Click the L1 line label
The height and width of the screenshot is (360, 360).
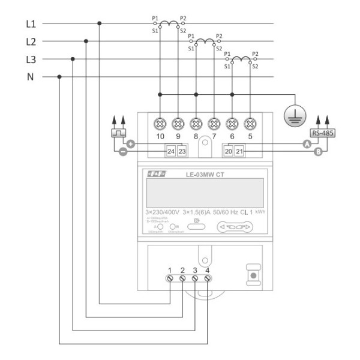click(31, 24)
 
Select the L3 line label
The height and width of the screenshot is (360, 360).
click(31, 59)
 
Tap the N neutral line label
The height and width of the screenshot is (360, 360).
click(29, 77)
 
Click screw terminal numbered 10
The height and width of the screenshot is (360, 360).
click(160, 124)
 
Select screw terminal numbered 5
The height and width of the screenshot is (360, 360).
click(250, 124)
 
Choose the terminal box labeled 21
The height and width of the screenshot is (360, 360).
click(239, 152)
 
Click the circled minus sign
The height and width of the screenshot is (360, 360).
click(122, 152)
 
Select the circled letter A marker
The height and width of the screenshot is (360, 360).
click(307, 145)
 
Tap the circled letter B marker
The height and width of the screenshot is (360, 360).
click(319, 152)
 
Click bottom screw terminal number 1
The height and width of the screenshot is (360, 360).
click(170, 279)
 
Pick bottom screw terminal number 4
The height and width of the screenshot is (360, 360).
click(207, 279)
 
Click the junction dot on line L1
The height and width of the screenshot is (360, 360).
click(99, 24)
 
